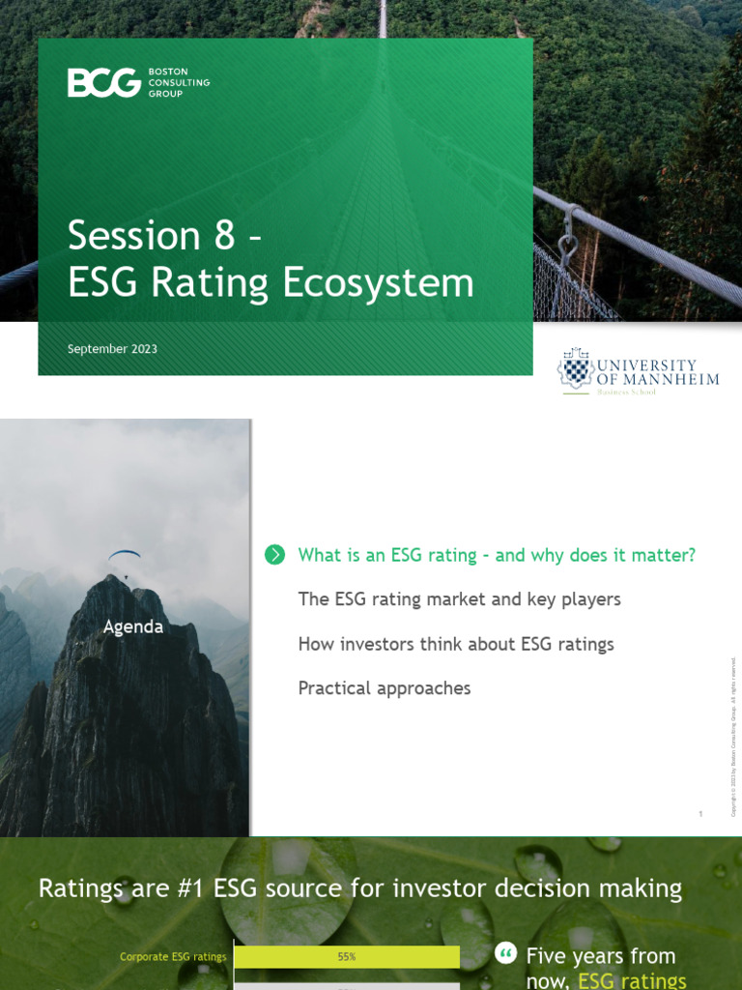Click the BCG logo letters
point(104,83)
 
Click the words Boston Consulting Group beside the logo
point(178,83)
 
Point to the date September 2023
point(112,349)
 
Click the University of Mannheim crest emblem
point(576,368)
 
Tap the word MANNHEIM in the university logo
point(671,379)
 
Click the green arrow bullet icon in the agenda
point(274,554)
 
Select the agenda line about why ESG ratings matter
point(497,555)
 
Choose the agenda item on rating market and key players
point(459,599)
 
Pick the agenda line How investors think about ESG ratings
point(455,644)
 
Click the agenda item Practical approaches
point(384,688)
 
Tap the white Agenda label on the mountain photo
point(133,626)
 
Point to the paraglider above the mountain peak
point(124,556)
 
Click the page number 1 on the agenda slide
point(700,815)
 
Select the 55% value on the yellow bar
point(347,957)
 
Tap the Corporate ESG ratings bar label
point(173,957)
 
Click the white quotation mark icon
point(505,954)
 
